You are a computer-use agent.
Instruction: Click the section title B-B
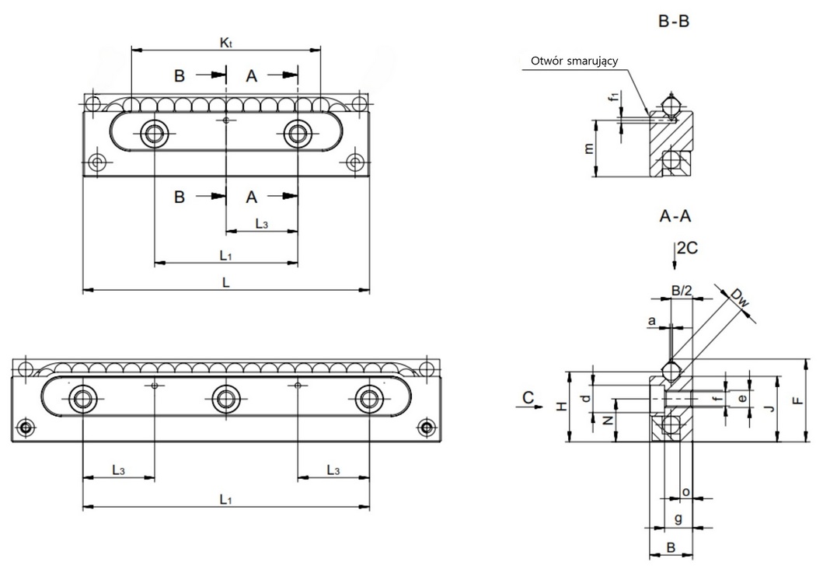(x=674, y=22)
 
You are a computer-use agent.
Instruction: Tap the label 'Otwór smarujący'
(x=574, y=61)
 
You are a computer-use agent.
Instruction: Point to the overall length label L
(x=225, y=283)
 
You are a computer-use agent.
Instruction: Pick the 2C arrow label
(x=687, y=249)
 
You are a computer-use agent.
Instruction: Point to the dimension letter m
(x=588, y=148)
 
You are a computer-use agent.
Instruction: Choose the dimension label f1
(x=615, y=98)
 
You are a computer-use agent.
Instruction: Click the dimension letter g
(x=678, y=518)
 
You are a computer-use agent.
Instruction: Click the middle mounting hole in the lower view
(x=225, y=398)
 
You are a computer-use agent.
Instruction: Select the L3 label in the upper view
(x=262, y=225)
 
